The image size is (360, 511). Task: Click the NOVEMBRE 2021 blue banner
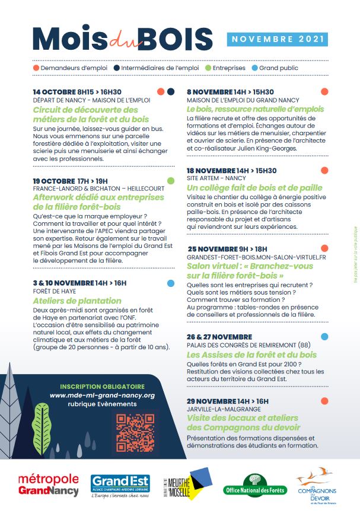pyautogui.click(x=278, y=39)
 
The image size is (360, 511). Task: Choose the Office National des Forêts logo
pyautogui.click(x=255, y=486)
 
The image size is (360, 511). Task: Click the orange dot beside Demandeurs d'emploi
pyautogui.click(x=36, y=68)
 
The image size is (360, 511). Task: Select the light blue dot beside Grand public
pyautogui.click(x=254, y=68)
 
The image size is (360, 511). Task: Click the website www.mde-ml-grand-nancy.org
pyautogui.click(x=102, y=395)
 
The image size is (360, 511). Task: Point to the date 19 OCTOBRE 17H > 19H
pyautogui.click(x=71, y=181)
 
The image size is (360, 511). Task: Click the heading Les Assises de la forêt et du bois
pyautogui.click(x=251, y=354)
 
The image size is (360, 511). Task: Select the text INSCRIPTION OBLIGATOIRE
pyautogui.click(x=102, y=386)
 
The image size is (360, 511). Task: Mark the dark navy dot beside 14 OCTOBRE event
pyautogui.click(x=171, y=92)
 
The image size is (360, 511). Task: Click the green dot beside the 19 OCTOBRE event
pyautogui.click(x=171, y=180)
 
